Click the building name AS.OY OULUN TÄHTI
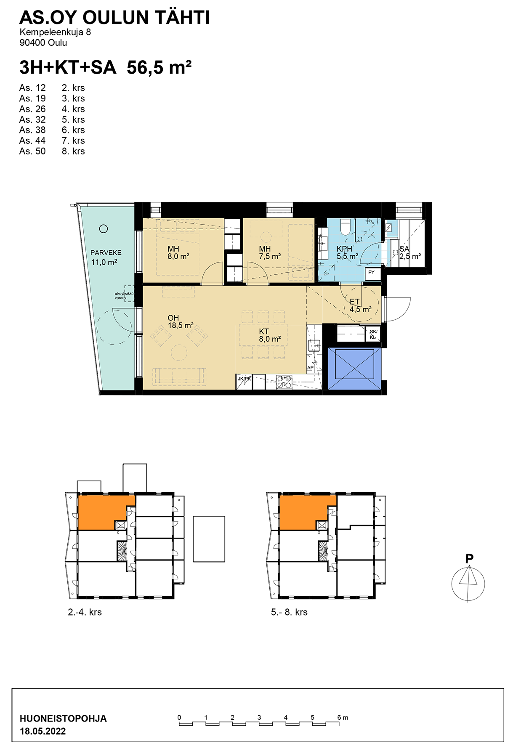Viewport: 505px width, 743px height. point(114,18)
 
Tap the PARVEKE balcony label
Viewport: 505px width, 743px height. point(106,253)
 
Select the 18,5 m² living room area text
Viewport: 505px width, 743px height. point(181,326)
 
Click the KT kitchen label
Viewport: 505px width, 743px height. point(264,332)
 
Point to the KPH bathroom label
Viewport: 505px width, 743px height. point(344,249)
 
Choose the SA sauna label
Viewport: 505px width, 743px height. point(404,249)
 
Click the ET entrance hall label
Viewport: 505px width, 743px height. point(355,302)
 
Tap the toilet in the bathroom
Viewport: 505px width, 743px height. point(346,227)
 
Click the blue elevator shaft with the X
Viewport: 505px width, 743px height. point(354,369)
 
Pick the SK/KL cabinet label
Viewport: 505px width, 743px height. point(373,334)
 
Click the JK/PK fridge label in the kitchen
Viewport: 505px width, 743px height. point(244,379)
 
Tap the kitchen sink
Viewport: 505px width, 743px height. point(314,346)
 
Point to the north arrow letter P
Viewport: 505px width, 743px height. point(469,559)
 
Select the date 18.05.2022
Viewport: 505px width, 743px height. point(43,731)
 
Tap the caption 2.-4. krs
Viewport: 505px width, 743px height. point(85,612)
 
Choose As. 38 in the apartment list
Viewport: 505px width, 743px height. point(32,130)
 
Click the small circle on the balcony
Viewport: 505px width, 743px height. point(104,229)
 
